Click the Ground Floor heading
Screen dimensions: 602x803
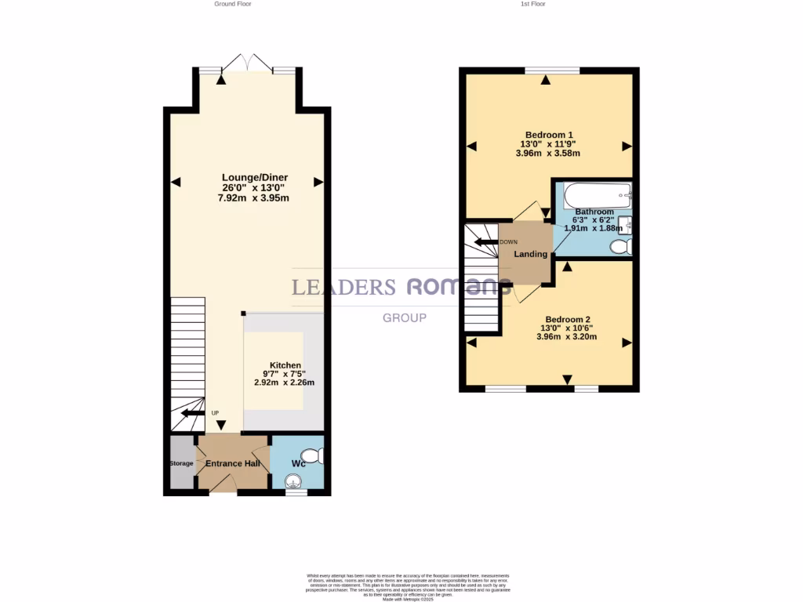click(x=233, y=4)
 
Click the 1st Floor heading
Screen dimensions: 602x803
click(x=533, y=4)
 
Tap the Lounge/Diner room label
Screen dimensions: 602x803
click(x=254, y=178)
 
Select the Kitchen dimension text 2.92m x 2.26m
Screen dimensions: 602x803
click(x=284, y=383)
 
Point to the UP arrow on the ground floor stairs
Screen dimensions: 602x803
click(x=192, y=413)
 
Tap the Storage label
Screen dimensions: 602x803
click(x=181, y=463)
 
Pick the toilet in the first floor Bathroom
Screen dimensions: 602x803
click(x=620, y=248)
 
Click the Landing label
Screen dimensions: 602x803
click(x=530, y=255)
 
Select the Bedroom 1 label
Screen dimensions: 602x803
click(x=548, y=134)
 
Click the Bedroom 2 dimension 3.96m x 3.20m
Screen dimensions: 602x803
click(x=567, y=337)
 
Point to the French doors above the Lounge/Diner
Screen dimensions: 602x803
click(x=247, y=63)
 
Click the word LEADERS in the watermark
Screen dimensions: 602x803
click(x=343, y=288)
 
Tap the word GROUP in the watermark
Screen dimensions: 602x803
click(x=405, y=318)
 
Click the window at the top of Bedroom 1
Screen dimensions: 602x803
click(x=553, y=71)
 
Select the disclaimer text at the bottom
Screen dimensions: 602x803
click(x=406, y=587)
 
